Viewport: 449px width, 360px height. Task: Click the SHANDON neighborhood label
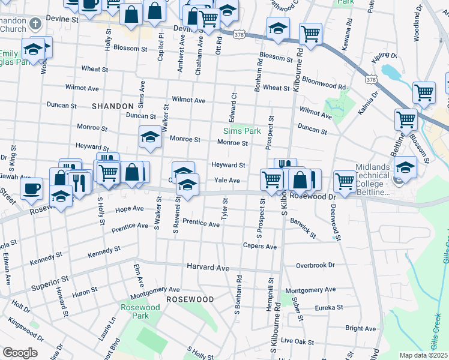[112, 106]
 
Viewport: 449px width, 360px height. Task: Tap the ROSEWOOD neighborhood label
[190, 299]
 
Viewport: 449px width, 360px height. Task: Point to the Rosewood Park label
[140, 311]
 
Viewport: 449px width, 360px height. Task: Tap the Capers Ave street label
[259, 246]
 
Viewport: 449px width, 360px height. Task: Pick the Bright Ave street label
[360, 328]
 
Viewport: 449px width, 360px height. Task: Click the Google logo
[20, 353]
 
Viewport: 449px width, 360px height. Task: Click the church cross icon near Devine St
[35, 24]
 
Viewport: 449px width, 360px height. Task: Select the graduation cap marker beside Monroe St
[150, 137]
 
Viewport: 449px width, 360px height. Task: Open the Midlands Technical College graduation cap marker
[406, 167]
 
